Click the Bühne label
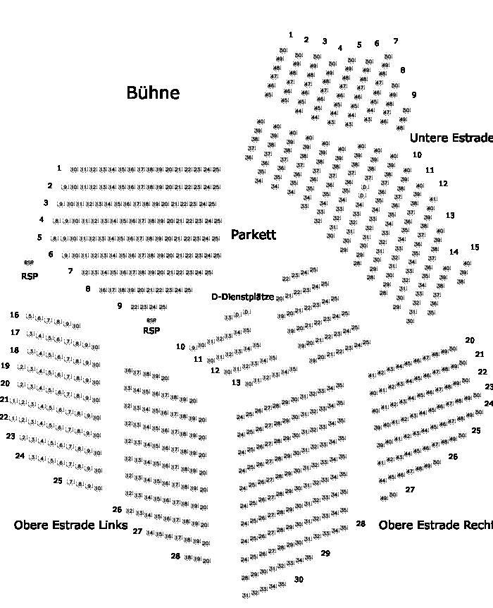153,92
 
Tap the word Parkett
254,235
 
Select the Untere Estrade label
451,138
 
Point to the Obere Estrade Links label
70,525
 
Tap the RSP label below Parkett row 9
151,330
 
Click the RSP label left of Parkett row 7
30,276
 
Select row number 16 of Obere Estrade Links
15,315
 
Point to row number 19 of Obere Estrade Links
6,366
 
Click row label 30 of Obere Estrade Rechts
299,579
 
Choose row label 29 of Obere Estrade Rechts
325,554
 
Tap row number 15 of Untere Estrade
475,247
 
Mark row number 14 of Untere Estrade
454,252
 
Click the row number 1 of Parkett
59,169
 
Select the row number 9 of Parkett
120,305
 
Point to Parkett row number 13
236,382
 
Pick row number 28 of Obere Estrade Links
175,556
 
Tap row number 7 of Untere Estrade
396,41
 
